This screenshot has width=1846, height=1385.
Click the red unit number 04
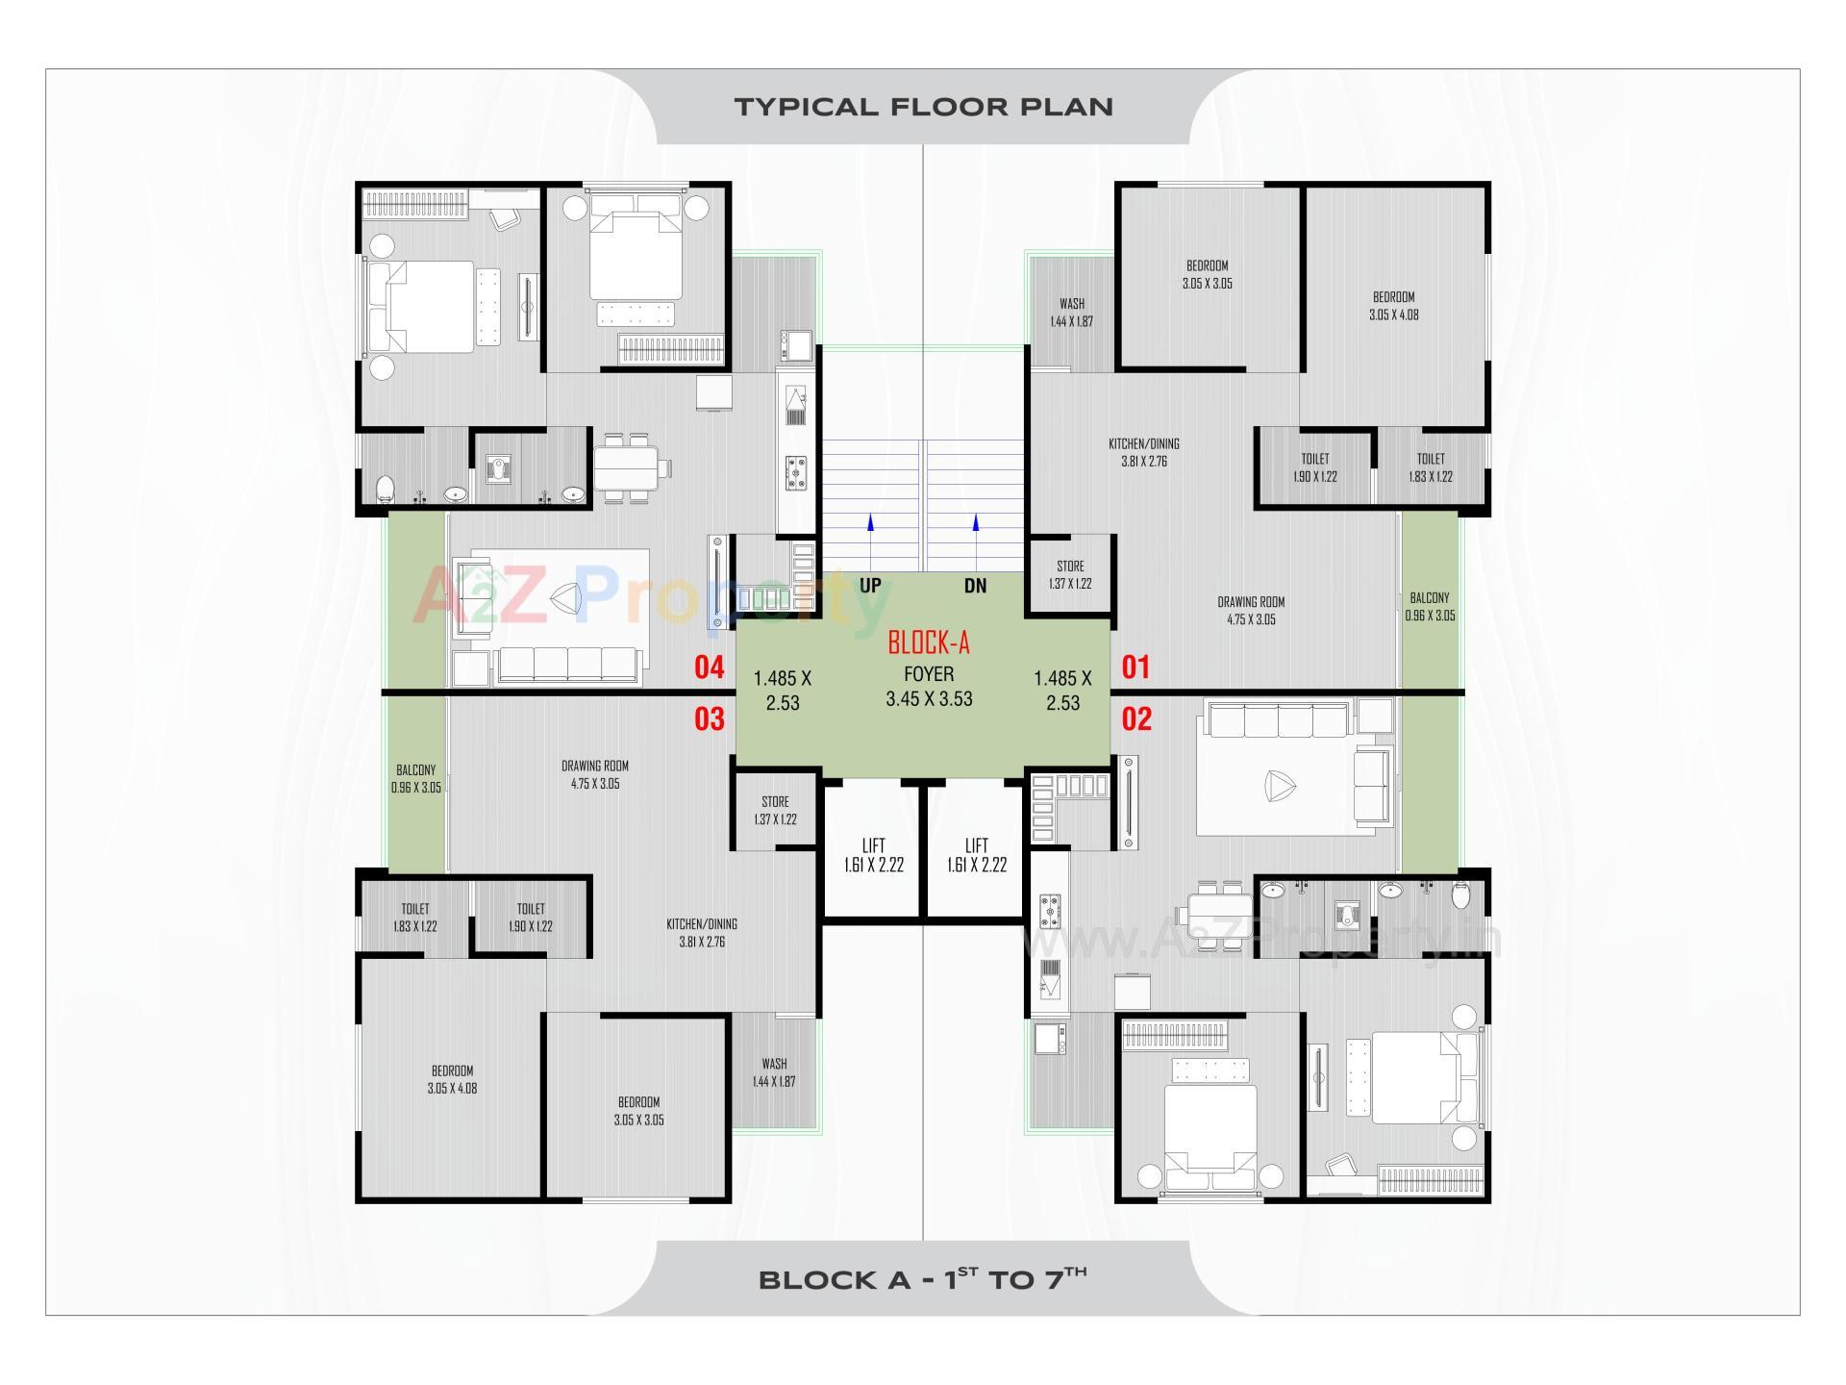pyautogui.click(x=709, y=667)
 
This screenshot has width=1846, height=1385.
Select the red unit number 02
pyautogui.click(x=1136, y=719)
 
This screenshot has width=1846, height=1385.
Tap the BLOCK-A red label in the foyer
pyautogui.click(x=928, y=642)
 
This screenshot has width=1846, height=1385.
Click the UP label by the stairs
pyautogui.click(x=870, y=586)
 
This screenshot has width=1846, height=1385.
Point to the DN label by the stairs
pyautogui.click(x=975, y=586)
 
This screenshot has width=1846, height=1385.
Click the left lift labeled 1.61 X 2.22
pyautogui.click(x=873, y=855)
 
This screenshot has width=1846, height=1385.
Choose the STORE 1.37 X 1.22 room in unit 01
pyautogui.click(x=1070, y=575)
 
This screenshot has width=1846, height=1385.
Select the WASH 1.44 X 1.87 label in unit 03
pyautogui.click(x=774, y=1072)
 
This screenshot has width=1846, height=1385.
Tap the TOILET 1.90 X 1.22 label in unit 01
pyautogui.click(x=1314, y=467)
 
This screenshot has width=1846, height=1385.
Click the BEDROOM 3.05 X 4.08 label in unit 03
pyautogui.click(x=452, y=1079)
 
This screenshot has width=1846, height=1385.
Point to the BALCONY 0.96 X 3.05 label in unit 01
pyautogui.click(x=1430, y=606)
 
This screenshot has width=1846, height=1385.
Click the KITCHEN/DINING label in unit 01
pyautogui.click(x=1143, y=452)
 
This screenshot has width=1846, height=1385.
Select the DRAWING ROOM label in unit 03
pyautogui.click(x=595, y=774)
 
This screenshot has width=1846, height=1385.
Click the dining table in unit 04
pyautogui.click(x=626, y=468)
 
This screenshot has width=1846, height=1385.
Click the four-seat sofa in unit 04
pyautogui.click(x=568, y=665)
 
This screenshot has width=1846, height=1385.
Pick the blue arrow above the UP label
pyautogui.click(x=870, y=524)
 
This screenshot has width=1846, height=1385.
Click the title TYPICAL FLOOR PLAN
pyautogui.click(x=923, y=107)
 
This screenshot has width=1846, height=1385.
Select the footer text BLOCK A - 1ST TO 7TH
pyautogui.click(x=923, y=1279)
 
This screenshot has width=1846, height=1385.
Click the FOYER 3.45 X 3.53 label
pyautogui.click(x=929, y=687)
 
